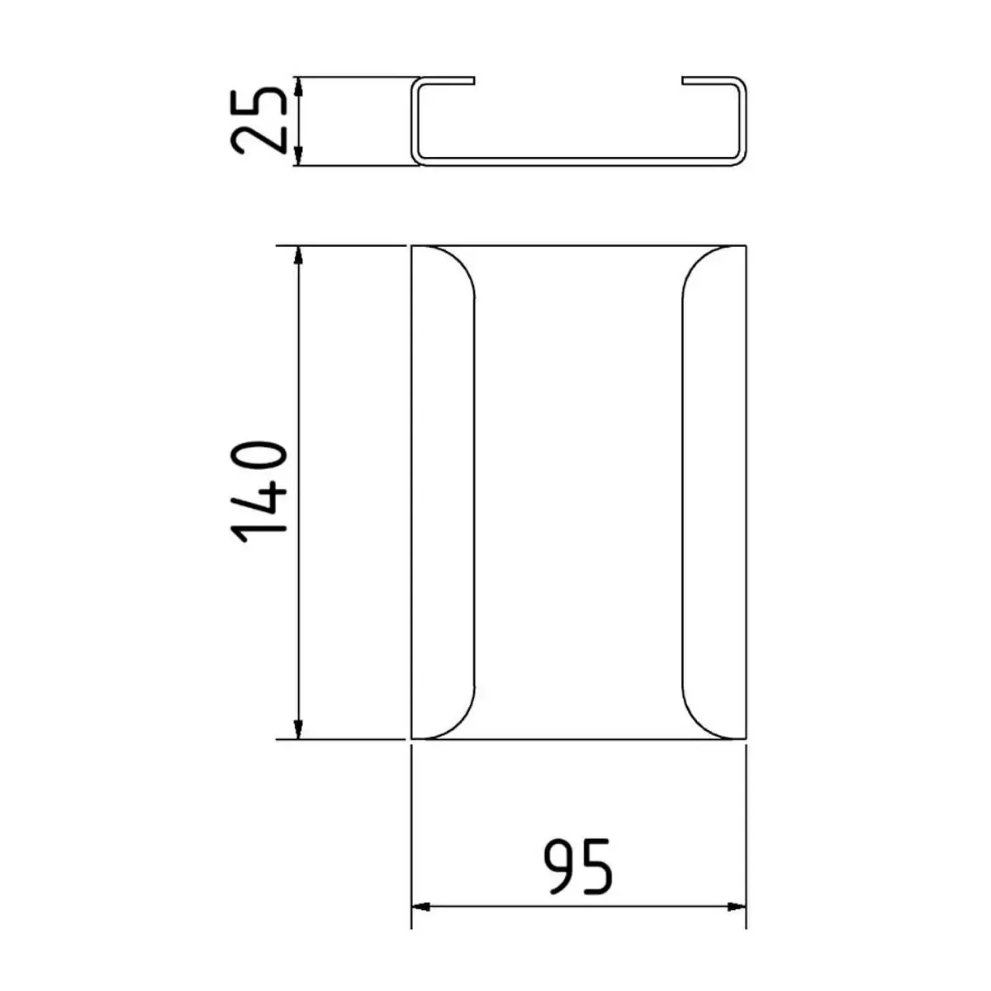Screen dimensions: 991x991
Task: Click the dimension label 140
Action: pyautogui.click(x=260, y=492)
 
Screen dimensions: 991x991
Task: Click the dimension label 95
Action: pyautogui.click(x=579, y=867)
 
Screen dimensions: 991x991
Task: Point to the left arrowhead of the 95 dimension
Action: pyautogui.click(x=421, y=907)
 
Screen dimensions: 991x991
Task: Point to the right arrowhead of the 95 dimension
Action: pyautogui.click(x=737, y=907)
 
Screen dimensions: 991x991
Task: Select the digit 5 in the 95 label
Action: pyautogui.click(x=597, y=867)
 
